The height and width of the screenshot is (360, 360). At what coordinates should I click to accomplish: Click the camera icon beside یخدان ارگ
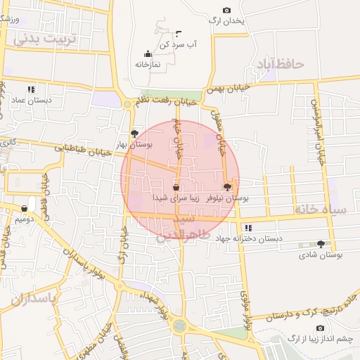226,10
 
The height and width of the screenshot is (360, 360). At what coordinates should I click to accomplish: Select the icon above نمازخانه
148,53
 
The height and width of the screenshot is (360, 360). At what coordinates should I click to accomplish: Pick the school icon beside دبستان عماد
30,90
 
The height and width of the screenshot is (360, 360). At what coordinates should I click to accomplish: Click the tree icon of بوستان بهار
134,133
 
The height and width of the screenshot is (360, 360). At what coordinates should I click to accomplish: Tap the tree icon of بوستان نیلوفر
226,187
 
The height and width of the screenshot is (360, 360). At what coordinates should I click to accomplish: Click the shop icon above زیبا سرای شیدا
175,188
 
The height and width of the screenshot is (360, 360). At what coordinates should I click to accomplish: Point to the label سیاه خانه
321,210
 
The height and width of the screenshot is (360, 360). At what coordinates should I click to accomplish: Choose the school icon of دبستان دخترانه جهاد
248,228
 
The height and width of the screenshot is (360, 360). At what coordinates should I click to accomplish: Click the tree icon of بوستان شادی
321,244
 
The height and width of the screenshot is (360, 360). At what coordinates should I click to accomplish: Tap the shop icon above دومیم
25,208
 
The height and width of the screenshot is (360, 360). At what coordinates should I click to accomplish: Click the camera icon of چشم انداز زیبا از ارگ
320,328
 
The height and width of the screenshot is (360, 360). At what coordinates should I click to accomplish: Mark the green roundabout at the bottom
181,326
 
